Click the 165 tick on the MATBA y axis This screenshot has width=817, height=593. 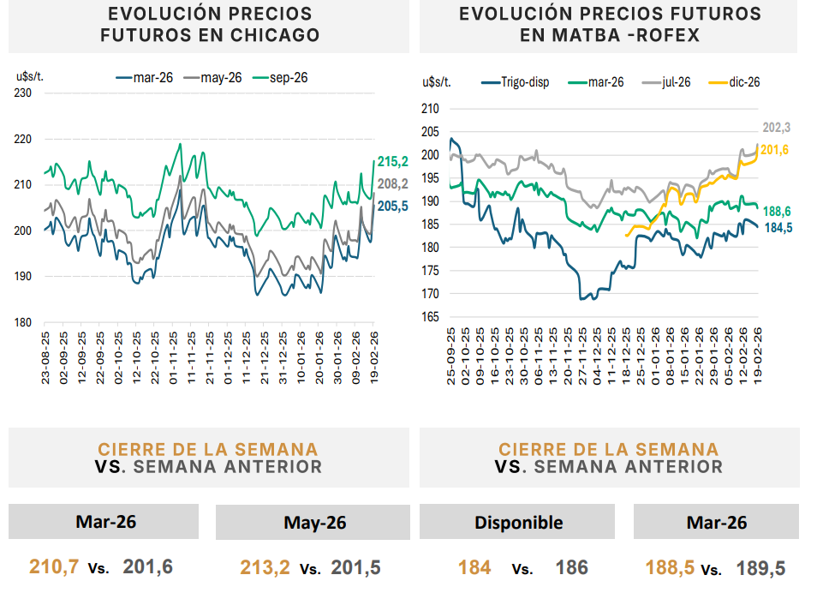pyautogui.click(x=429, y=317)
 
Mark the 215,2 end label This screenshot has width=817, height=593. pyautogui.click(x=393, y=162)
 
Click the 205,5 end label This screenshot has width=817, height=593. pyautogui.click(x=393, y=206)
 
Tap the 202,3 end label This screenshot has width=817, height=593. pyautogui.click(x=776, y=128)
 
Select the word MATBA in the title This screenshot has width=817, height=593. pyautogui.click(x=595, y=35)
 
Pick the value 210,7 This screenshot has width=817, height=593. pyautogui.click(x=54, y=567)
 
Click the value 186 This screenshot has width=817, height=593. pyautogui.click(x=572, y=567)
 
